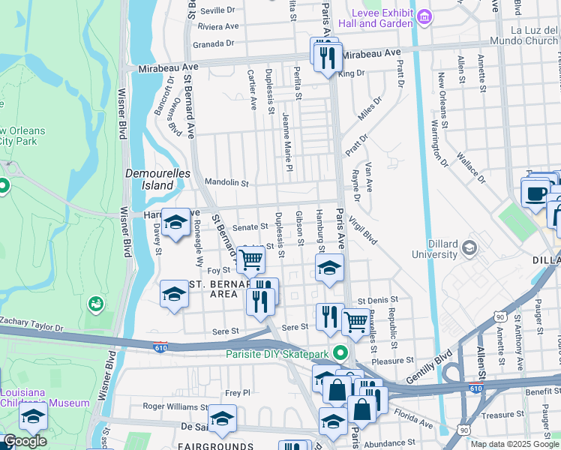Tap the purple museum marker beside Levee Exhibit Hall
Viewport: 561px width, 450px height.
(x=424, y=16)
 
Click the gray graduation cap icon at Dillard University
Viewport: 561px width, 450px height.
(x=469, y=247)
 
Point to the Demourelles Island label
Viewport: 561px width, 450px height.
(x=152, y=178)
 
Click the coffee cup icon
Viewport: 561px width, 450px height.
(x=535, y=193)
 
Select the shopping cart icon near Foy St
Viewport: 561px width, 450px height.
(x=251, y=259)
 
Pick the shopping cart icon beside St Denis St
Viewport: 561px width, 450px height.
(x=355, y=321)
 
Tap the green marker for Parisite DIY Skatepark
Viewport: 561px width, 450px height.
(x=341, y=352)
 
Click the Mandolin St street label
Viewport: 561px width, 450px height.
(x=226, y=182)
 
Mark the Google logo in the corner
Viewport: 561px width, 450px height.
(x=24, y=441)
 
